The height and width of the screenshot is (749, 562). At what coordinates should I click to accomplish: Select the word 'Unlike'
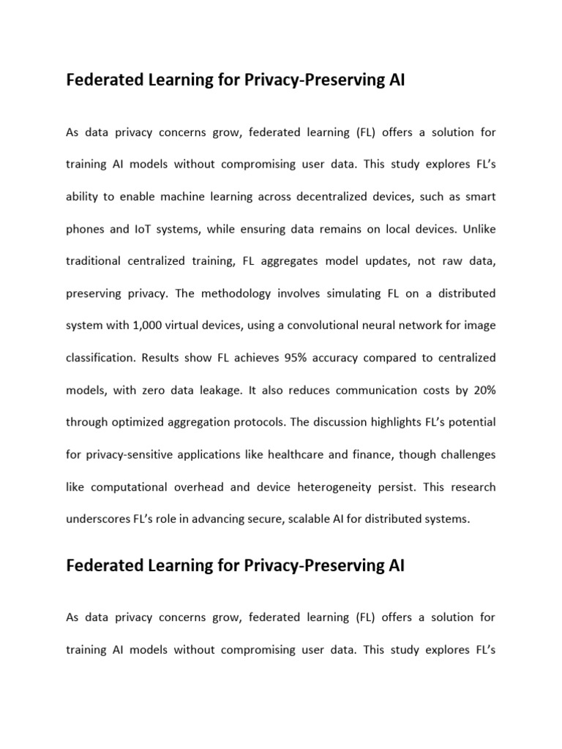tap(477, 228)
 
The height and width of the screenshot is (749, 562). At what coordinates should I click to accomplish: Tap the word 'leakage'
tap(217, 391)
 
